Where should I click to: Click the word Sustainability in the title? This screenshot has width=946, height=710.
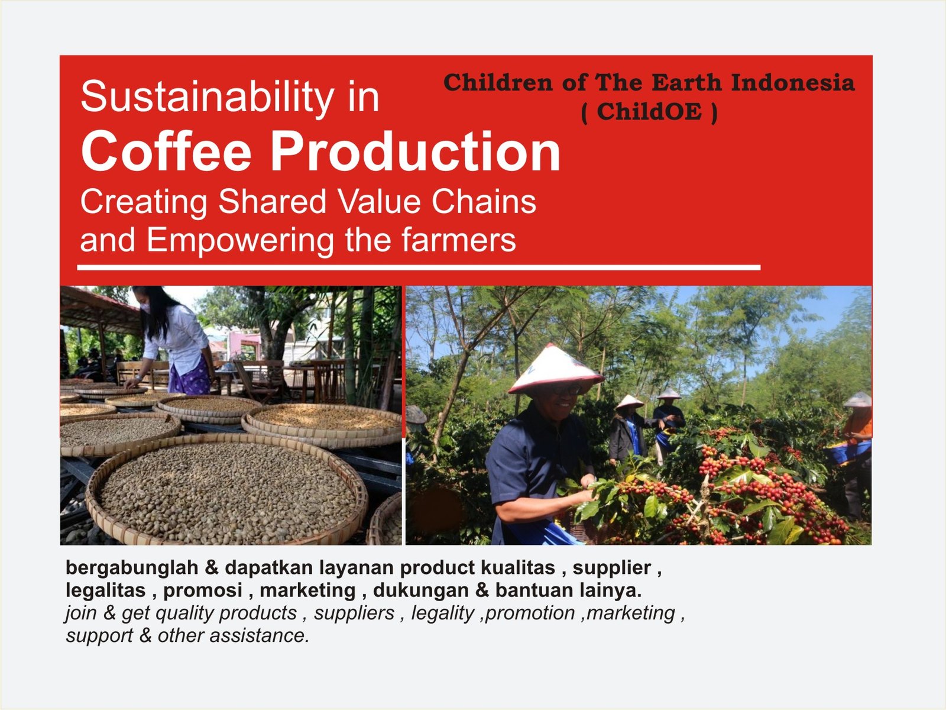(208, 97)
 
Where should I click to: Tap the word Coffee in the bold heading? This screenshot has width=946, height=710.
(166, 151)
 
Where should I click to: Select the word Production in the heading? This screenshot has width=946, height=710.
(415, 151)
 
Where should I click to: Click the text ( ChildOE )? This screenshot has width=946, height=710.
(649, 112)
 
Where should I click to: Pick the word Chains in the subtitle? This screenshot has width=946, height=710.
(484, 202)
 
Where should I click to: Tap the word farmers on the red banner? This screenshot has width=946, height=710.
(459, 240)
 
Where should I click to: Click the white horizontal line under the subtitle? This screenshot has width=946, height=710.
(419, 267)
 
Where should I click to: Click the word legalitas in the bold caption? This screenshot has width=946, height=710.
(106, 590)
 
